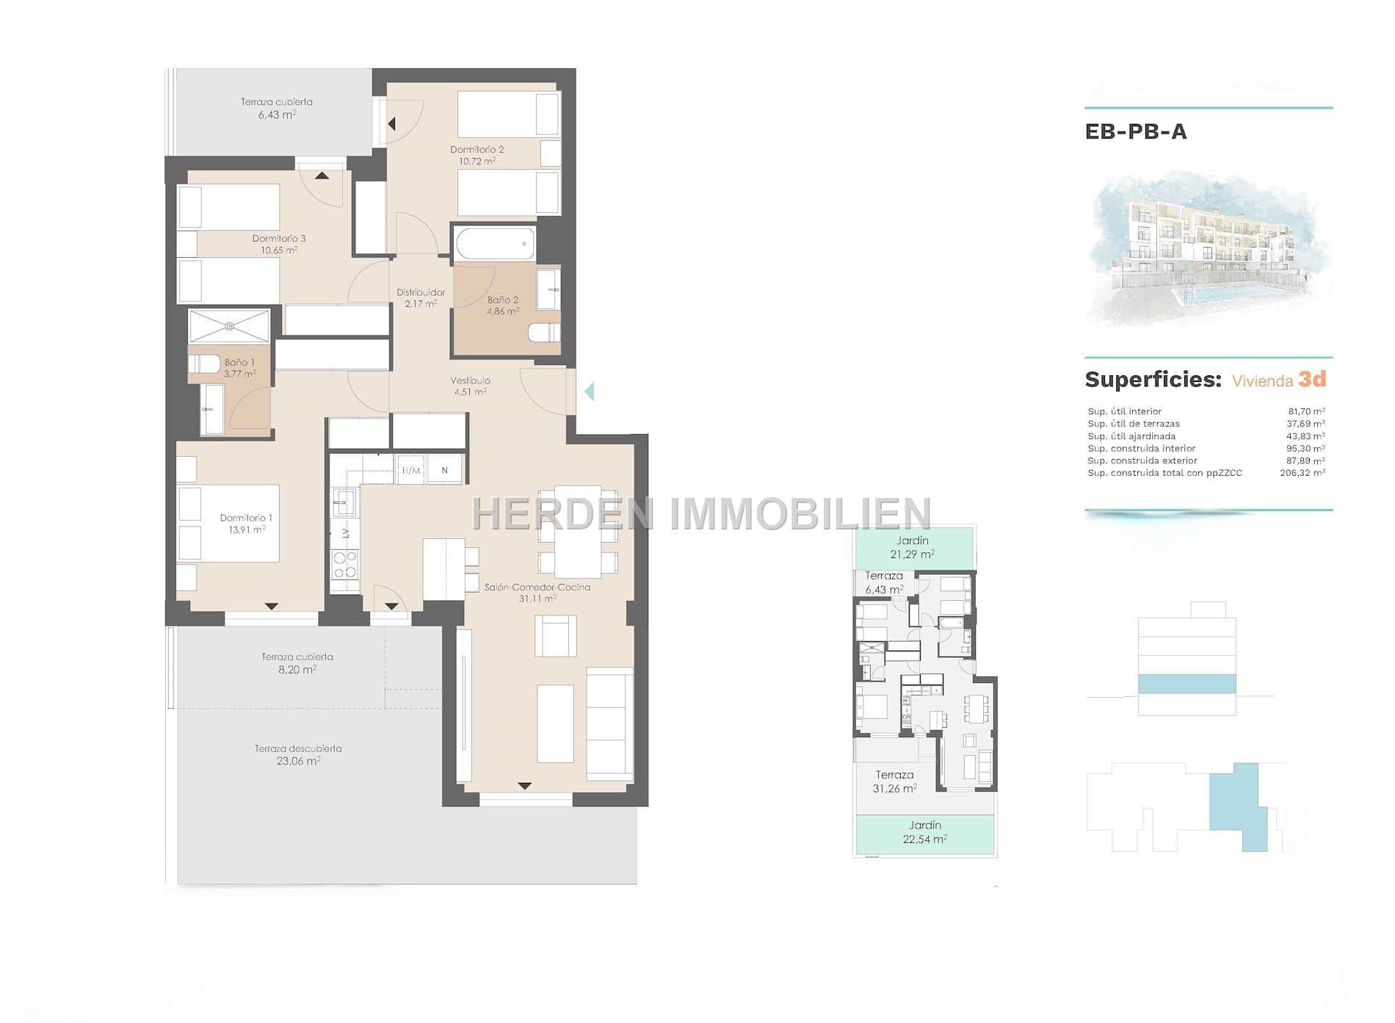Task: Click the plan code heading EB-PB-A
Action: pos(1135,131)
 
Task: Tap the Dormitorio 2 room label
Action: pos(477,150)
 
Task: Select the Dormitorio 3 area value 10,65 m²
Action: pos(279,250)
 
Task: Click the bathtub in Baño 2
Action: pos(494,243)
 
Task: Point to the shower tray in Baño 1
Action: pos(230,326)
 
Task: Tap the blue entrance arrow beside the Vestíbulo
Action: pos(589,391)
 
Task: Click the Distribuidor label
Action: pos(421,292)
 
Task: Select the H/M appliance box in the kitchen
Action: pos(411,471)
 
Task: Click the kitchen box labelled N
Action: pos(445,471)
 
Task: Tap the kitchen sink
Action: pos(344,502)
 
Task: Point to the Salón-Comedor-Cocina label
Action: pos(537,588)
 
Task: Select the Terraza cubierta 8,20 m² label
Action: pos(297,663)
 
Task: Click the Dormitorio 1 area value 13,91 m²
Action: pos(247,529)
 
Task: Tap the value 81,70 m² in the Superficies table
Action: pos(1306,411)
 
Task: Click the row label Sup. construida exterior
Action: pos(1142,460)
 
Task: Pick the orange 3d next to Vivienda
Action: pos(1312,379)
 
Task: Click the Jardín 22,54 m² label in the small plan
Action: pos(924,832)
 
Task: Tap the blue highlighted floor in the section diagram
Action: pos(1186,684)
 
